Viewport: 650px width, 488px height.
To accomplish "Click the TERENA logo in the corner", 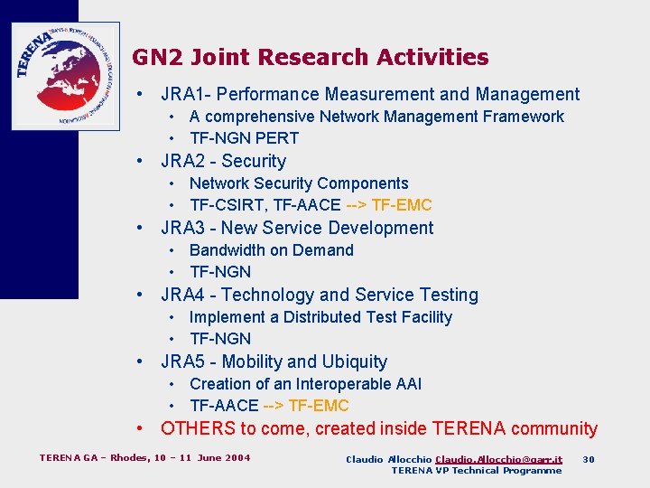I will click(65, 76).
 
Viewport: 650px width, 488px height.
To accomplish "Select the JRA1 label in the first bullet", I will click(183, 94).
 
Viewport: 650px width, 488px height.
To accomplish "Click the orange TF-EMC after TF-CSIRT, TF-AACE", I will click(402, 205).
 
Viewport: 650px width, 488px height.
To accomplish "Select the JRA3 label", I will click(183, 228).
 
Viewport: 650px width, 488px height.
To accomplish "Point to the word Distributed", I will click(322, 317).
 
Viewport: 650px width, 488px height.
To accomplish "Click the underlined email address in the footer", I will click(498, 459).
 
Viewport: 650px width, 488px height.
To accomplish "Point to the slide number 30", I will click(589, 459).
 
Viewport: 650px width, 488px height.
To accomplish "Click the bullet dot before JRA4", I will click(141, 295).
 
